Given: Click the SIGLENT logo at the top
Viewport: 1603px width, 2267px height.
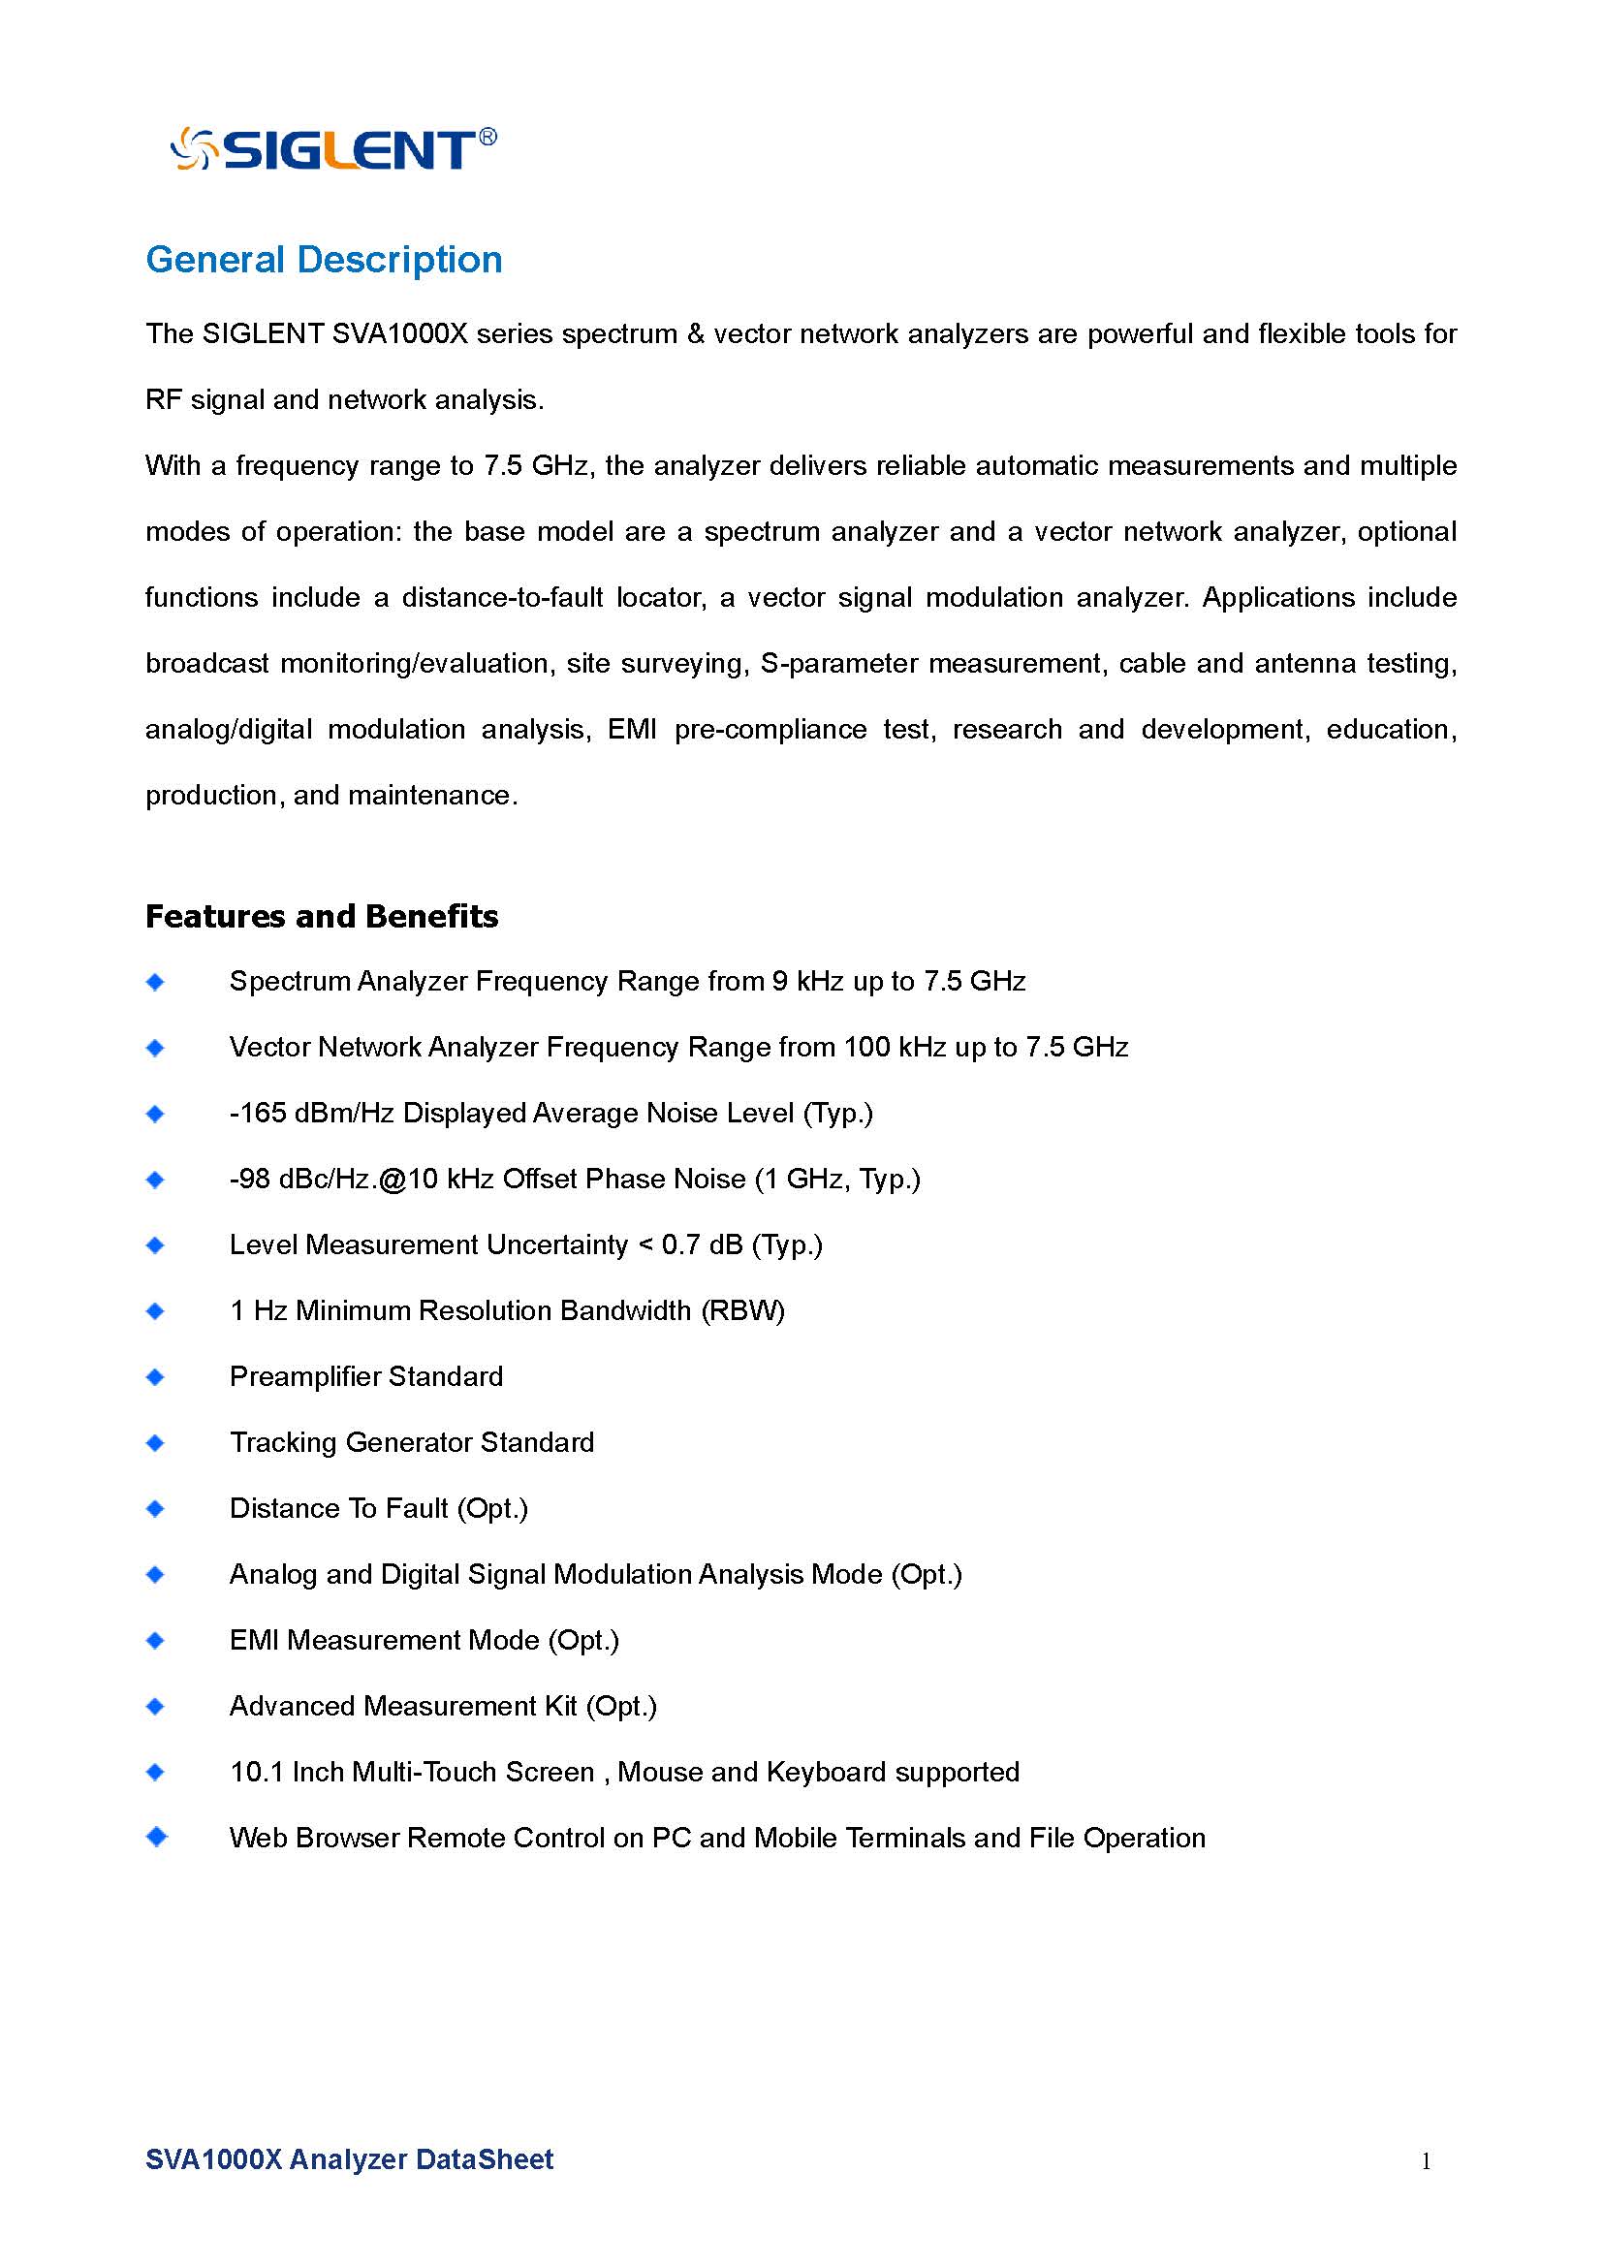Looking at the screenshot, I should pos(332,149).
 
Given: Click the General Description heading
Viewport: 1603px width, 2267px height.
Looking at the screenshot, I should pos(324,260).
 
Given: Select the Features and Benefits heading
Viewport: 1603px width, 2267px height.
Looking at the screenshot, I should pos(322,916).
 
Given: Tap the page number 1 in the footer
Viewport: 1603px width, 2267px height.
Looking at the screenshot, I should pos(1427,2160).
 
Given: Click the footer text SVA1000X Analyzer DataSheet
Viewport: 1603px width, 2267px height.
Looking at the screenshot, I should pos(350,2159).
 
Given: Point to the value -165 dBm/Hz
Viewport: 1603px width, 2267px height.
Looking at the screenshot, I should pos(311,1113).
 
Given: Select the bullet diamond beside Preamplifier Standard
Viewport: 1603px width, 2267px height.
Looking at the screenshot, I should pos(155,1377).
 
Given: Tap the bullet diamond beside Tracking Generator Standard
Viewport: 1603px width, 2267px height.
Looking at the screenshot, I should pos(155,1443).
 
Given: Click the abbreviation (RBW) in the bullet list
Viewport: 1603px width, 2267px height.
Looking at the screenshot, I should pos(743,1311).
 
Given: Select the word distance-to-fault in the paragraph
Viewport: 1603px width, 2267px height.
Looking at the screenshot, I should pos(502,597).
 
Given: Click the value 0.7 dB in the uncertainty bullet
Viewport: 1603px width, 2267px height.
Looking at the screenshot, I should pos(702,1245).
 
